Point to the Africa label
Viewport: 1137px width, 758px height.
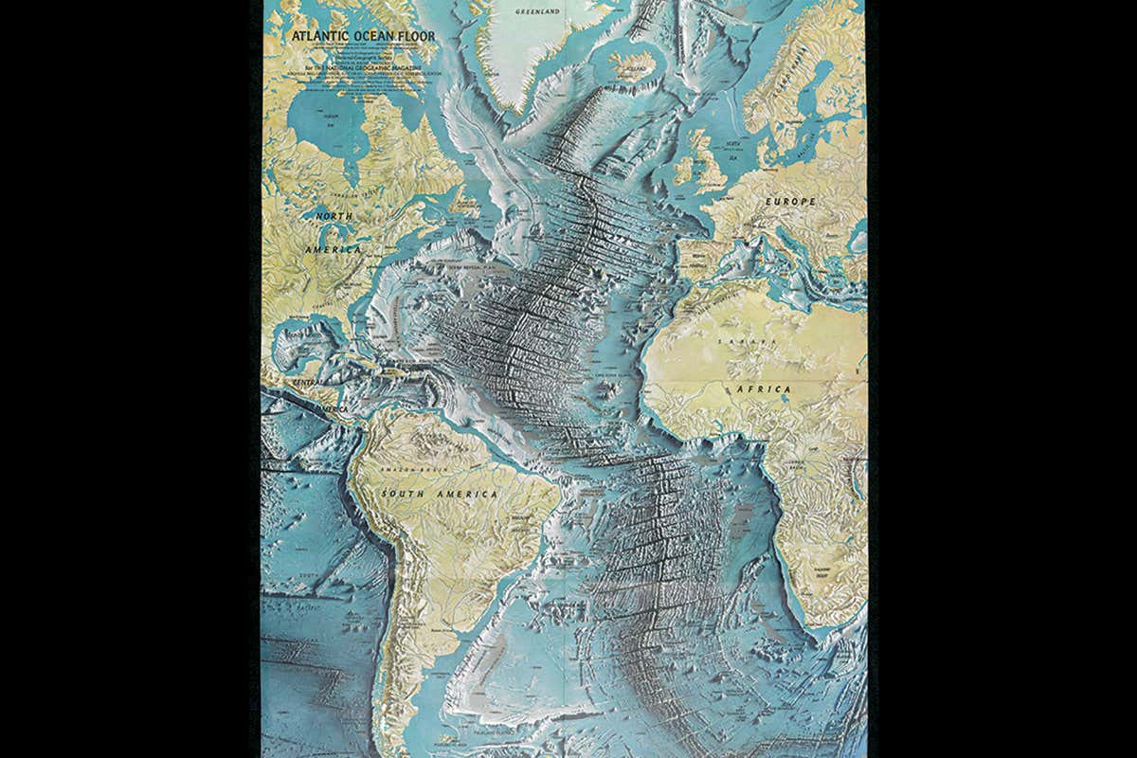[x=765, y=388]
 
